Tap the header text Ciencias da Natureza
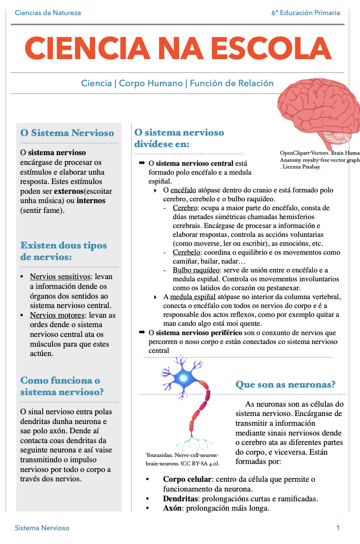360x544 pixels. coord(48,12)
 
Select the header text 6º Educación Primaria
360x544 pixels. coord(306,12)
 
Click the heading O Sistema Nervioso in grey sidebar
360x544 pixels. coord(67,133)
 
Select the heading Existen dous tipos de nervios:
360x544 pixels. coord(64,251)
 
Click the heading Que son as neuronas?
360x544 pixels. coord(285,384)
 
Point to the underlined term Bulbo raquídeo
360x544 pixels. coord(196,270)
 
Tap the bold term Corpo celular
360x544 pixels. coord(187,480)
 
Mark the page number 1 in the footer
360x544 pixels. coord(338,528)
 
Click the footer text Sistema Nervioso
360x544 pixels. coord(42,528)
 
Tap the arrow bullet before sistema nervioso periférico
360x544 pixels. coord(142,332)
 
